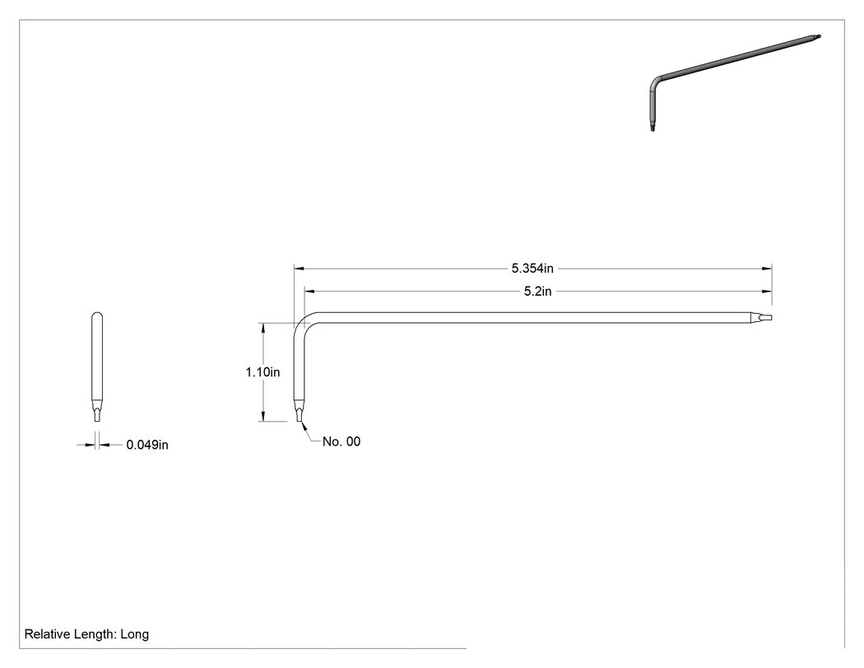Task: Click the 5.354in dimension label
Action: [x=532, y=269]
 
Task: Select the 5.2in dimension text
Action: [x=537, y=292]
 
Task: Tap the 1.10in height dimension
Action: [x=262, y=372]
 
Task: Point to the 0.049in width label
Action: [x=147, y=445]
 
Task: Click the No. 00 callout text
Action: [x=341, y=441]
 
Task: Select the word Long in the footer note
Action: [x=134, y=634]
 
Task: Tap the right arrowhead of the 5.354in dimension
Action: [x=766, y=269]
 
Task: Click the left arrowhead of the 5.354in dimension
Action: [x=300, y=269]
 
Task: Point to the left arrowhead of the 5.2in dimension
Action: [x=309, y=292]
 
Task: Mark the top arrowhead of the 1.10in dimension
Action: [x=263, y=328]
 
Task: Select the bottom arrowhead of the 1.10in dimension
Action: [x=263, y=416]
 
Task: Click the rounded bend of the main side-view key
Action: [x=300, y=324]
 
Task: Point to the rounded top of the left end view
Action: [x=97, y=315]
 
